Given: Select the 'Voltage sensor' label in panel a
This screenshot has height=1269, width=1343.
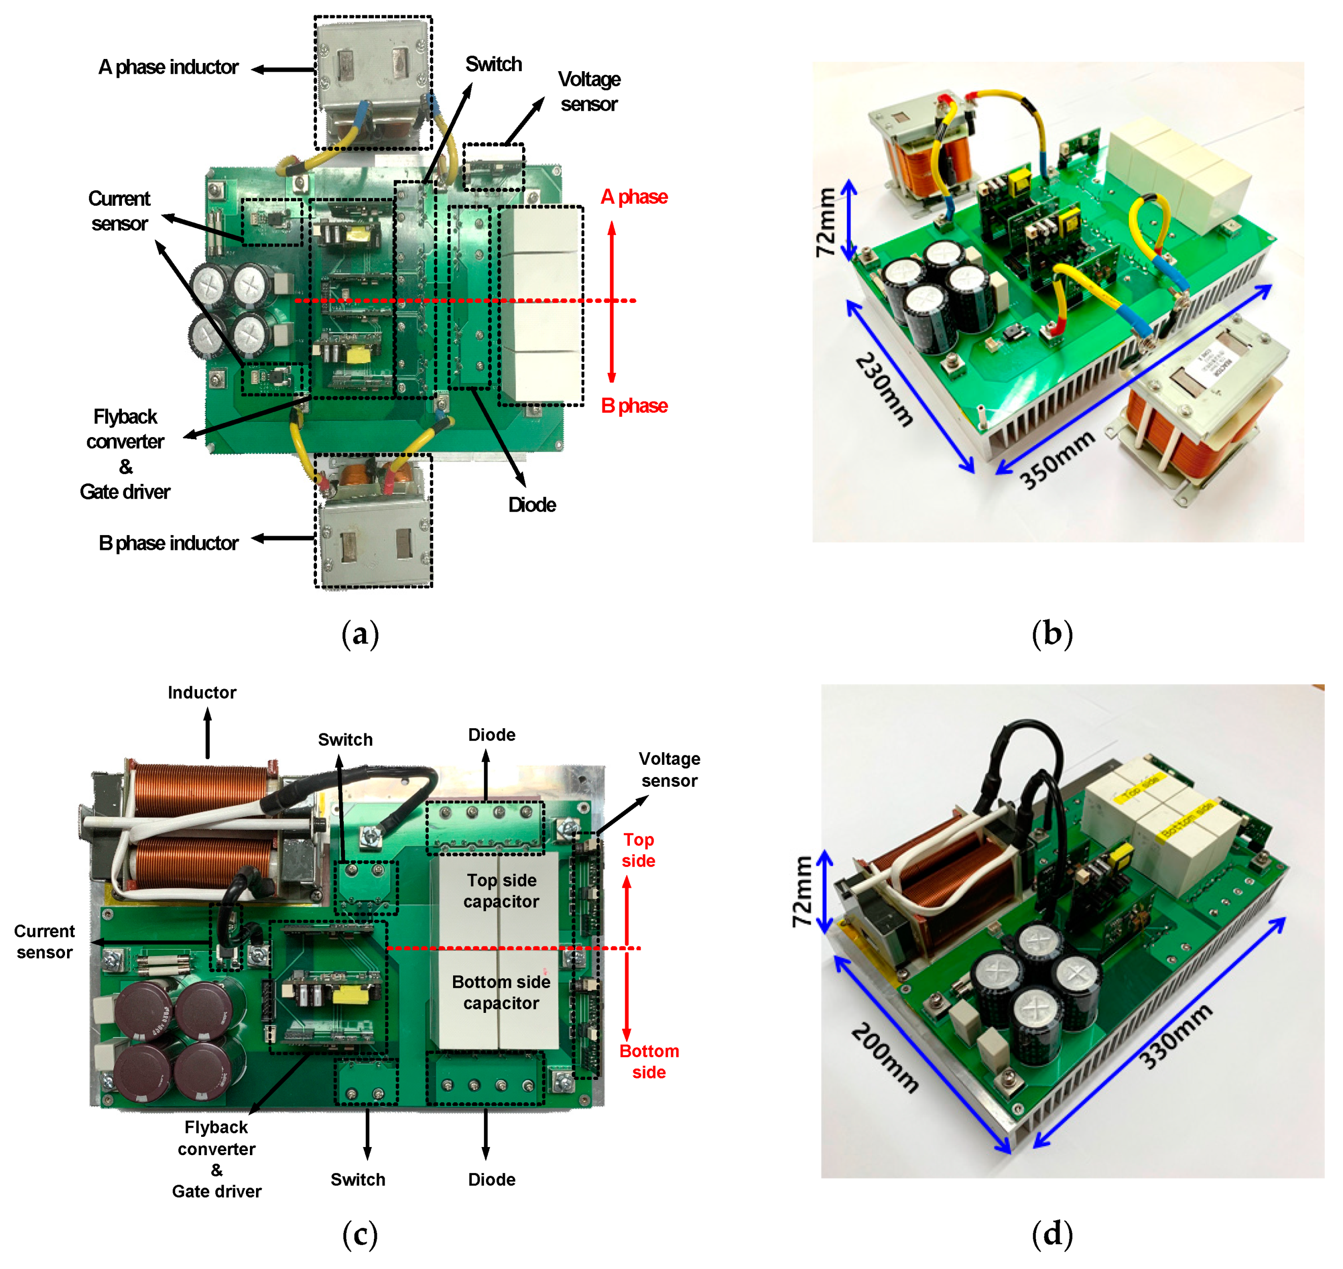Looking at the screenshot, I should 589,92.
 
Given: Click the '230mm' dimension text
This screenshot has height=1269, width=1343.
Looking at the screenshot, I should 884,390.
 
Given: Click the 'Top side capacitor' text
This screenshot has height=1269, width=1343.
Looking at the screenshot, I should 501,891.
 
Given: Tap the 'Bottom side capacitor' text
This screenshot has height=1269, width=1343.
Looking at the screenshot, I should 501,993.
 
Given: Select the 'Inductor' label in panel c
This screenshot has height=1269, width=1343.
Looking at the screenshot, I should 202,693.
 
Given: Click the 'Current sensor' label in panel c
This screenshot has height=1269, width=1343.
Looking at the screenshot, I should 45,942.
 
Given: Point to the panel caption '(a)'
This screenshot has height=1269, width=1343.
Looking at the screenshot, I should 360,634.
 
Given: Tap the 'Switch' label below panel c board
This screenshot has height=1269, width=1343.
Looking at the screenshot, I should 358,1180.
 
